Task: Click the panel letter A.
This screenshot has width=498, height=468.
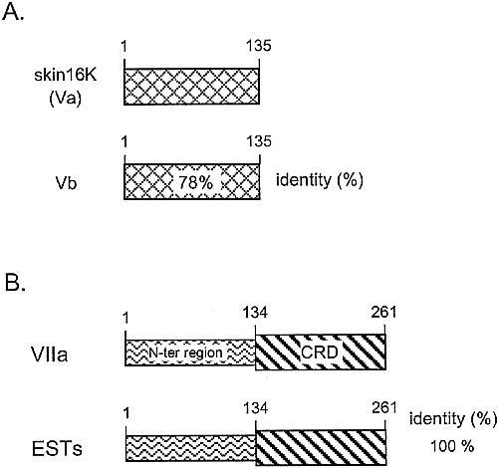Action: (x=13, y=12)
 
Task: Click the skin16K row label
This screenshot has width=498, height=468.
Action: (x=66, y=75)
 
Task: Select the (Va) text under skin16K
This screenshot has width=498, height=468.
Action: (x=66, y=99)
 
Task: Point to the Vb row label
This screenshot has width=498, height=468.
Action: (x=66, y=182)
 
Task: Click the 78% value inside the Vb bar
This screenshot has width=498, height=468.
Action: (x=195, y=182)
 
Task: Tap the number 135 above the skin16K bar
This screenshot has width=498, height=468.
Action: (x=258, y=45)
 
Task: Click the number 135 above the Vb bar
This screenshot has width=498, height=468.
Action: (x=259, y=140)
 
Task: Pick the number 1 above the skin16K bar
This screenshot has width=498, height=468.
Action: (x=124, y=46)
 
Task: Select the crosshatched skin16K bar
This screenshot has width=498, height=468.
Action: (x=191, y=87)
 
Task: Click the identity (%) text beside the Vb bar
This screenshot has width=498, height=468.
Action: (x=320, y=180)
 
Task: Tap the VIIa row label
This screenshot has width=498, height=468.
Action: (x=50, y=353)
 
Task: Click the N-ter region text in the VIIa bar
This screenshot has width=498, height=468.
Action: (x=185, y=352)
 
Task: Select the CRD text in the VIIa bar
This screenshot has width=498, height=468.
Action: (x=320, y=351)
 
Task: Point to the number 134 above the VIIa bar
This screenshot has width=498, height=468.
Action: (x=255, y=313)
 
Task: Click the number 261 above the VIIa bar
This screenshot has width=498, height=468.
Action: (x=383, y=313)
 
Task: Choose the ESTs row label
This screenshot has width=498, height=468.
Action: (x=57, y=449)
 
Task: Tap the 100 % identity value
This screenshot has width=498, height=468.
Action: (x=452, y=446)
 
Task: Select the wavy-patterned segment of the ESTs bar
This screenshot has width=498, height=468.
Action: (x=190, y=448)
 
